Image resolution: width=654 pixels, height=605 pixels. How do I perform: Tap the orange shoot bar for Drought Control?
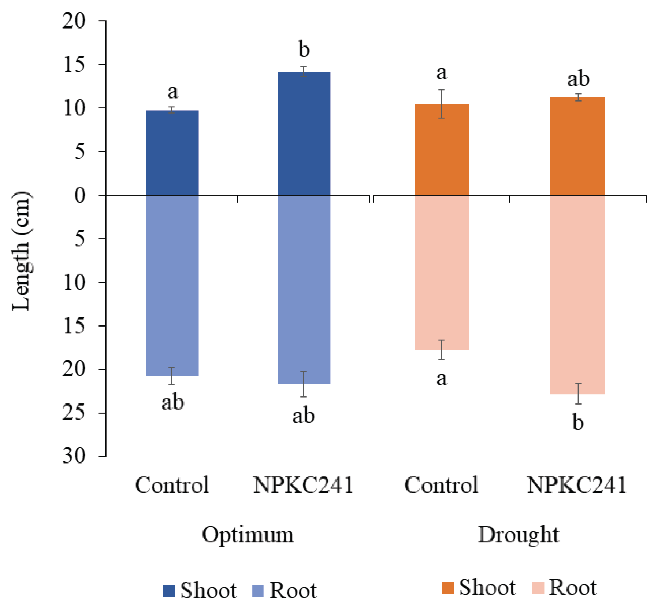[442, 150]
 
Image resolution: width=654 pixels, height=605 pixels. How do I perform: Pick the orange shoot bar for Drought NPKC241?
[577, 146]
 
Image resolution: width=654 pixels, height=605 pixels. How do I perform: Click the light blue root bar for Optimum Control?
[172, 285]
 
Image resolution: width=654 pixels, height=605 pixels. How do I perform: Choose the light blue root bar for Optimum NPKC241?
[304, 289]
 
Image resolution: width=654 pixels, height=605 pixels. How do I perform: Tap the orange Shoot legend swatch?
[448, 588]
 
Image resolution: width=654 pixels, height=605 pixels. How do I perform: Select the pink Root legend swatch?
[538, 588]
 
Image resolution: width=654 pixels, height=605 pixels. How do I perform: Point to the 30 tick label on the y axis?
[74, 457]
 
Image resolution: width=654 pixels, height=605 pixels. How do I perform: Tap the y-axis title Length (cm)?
[21, 251]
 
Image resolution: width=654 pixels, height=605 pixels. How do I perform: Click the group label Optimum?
[248, 535]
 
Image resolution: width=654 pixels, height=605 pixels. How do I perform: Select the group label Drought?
[519, 535]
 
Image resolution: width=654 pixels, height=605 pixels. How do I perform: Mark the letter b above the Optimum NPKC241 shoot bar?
[304, 49]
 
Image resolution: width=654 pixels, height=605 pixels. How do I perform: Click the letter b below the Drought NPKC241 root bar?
[578, 422]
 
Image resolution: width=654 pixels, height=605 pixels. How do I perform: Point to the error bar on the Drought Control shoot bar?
[442, 104]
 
